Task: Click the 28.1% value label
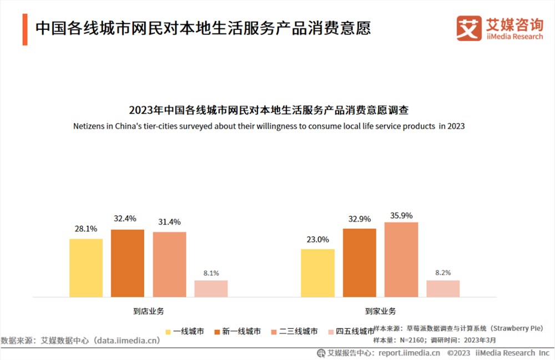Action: pos(86,229)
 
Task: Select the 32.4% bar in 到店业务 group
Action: pos(127,263)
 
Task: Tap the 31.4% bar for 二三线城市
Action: pos(169,264)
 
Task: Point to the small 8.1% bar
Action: pos(211,288)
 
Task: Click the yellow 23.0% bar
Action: pos(317,273)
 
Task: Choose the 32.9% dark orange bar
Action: pos(359,263)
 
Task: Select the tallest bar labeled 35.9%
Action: pos(401,260)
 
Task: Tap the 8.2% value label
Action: pos(443,272)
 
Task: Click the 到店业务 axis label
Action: pos(149,311)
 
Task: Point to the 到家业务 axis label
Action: pos(381,311)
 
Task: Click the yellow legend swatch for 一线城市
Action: pos(168,332)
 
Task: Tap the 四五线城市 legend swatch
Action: pos(331,332)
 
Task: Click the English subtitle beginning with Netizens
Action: pos(269,126)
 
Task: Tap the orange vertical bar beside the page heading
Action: pos(25,28)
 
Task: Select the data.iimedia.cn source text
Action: pos(127,340)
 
